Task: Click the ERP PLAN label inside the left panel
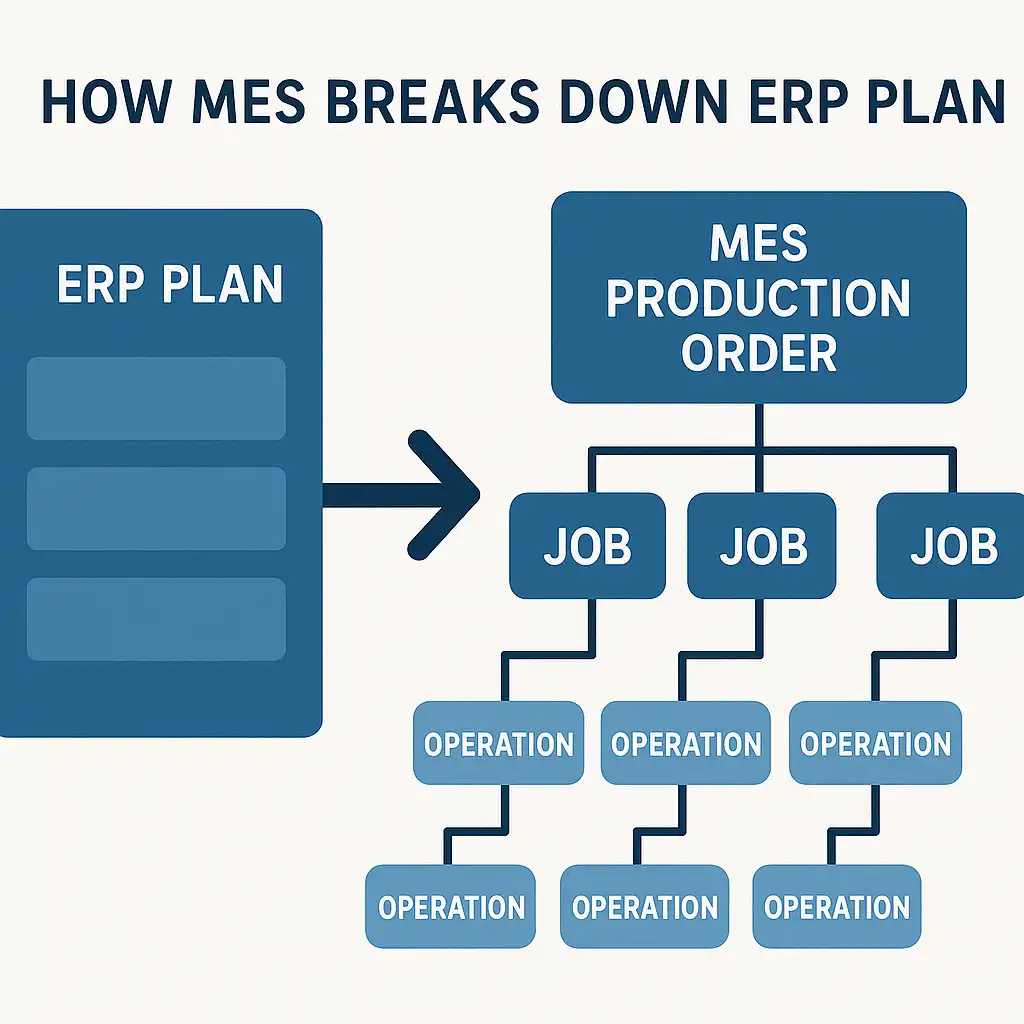[x=170, y=285]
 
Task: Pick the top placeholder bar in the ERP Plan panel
[x=156, y=398]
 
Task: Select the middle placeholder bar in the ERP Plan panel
[x=156, y=508]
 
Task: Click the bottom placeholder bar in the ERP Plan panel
[x=156, y=618]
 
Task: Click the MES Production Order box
[x=759, y=296]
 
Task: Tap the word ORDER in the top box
[x=759, y=354]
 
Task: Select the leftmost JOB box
[x=587, y=546]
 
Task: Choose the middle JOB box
[x=763, y=546]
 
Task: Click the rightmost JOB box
[x=952, y=546]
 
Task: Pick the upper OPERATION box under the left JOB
[x=498, y=743]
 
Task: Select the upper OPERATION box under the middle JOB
[x=686, y=743]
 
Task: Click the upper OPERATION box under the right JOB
[x=875, y=743]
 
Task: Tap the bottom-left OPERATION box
[x=450, y=907]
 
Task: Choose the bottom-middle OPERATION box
[x=644, y=907]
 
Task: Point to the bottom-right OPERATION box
[x=836, y=907]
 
